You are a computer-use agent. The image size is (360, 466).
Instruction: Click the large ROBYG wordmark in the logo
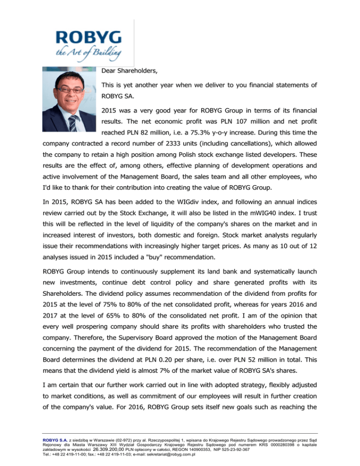click(88, 37)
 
